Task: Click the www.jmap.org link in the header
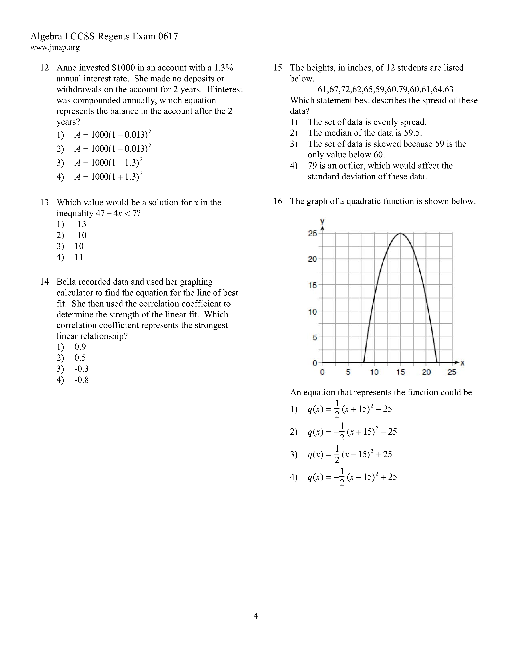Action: coord(55,47)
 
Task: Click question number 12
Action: coord(44,68)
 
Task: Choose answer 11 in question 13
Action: coord(79,257)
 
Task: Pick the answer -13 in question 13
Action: coord(80,224)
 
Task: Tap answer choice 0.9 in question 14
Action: coord(80,347)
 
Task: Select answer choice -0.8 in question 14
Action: coord(82,380)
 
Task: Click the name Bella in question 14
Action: coord(65,282)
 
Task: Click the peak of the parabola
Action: coord(400,233)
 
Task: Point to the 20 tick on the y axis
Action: coord(312,259)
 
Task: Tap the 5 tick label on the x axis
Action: coord(348,372)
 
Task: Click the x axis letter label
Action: coord(462,362)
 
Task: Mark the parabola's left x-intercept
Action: coord(364,362)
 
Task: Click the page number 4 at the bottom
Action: coord(256,616)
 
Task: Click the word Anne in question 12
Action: coord(66,68)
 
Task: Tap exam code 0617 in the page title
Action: coord(168,36)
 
